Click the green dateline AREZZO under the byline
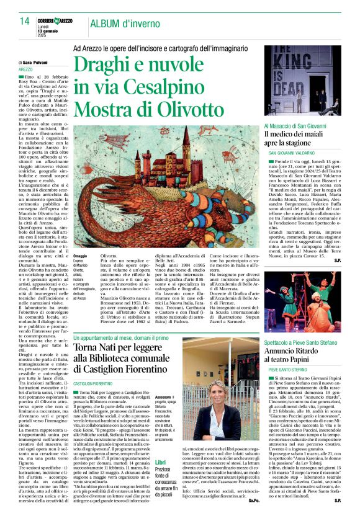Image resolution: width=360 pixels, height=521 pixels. pyautogui.click(x=26, y=69)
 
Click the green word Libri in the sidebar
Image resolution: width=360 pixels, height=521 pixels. pyautogui.click(x=160, y=462)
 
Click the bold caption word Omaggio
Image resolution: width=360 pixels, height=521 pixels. pyautogui.click(x=80, y=256)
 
